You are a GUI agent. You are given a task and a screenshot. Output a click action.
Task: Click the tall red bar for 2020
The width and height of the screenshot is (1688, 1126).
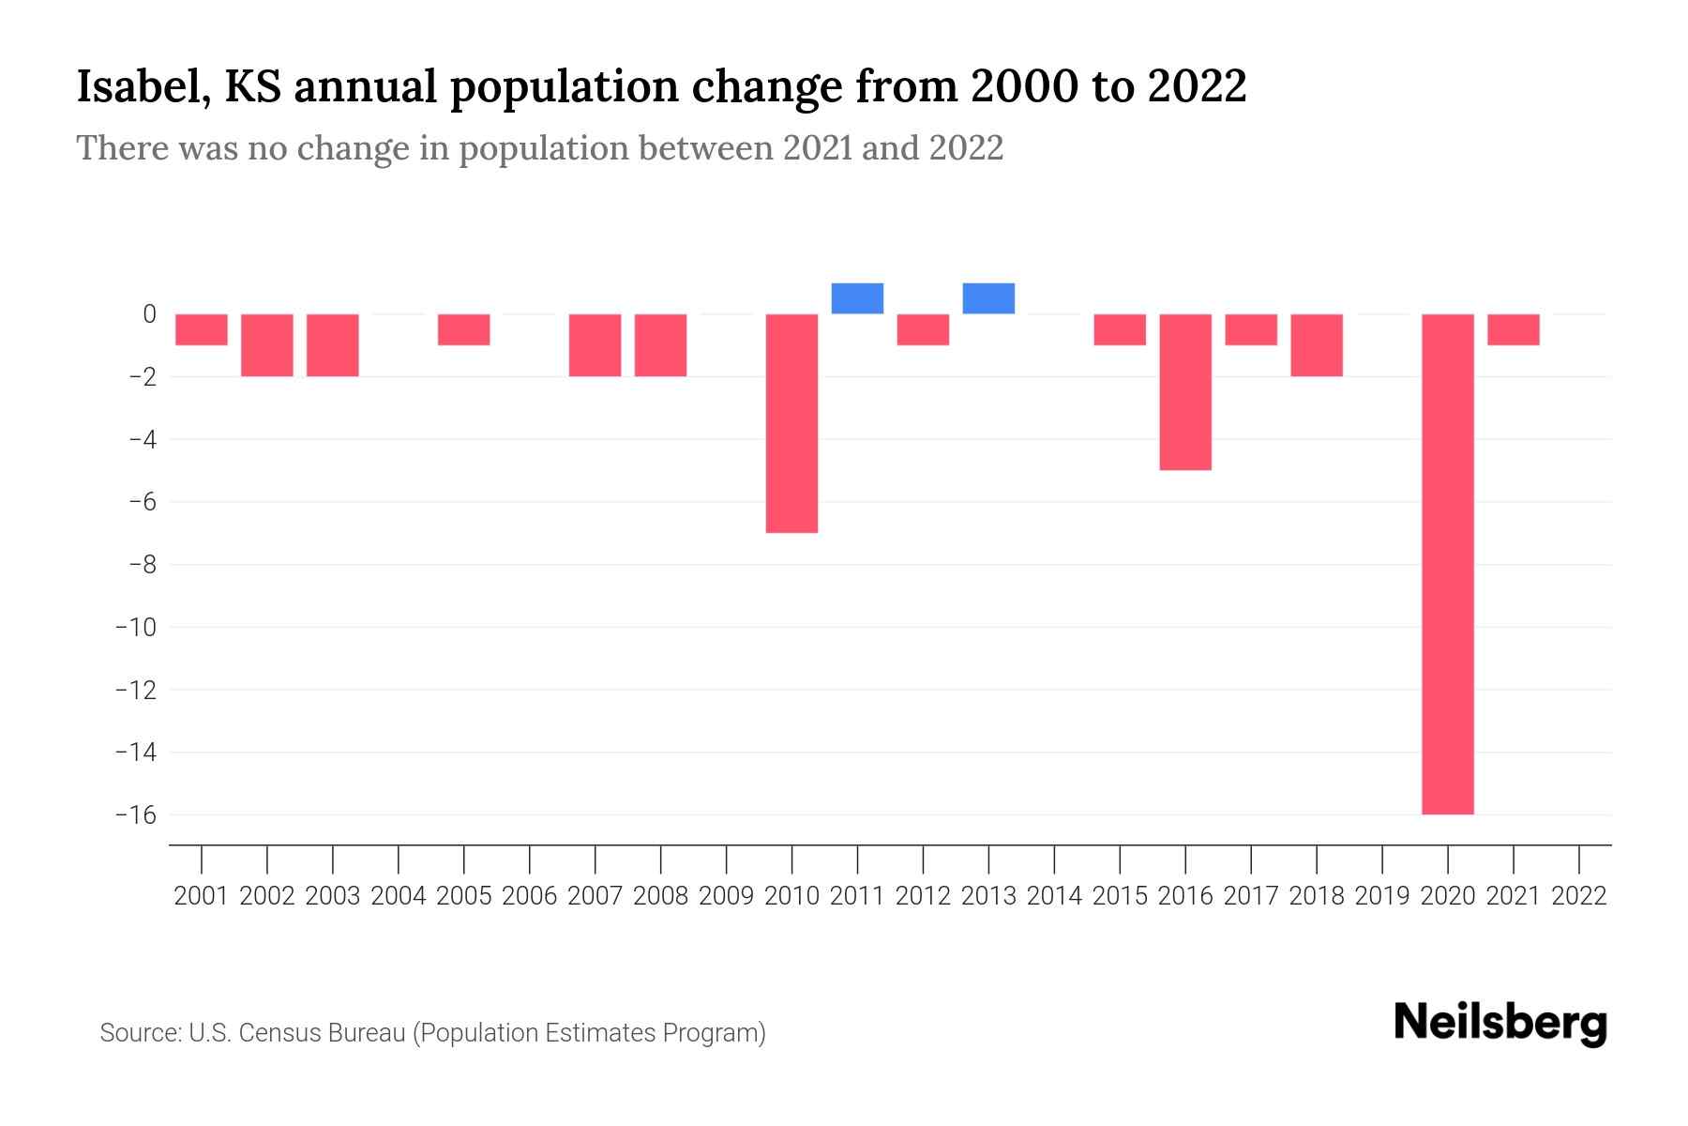coord(1447,563)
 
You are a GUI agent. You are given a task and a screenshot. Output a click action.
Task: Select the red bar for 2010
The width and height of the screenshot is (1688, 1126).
coord(791,423)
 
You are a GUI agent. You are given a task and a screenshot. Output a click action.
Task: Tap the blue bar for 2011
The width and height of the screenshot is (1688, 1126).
coord(857,298)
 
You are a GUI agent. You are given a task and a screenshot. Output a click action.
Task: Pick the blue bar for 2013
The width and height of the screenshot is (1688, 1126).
coord(988,298)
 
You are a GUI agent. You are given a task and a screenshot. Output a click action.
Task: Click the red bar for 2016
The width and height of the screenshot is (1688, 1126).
coord(1185,391)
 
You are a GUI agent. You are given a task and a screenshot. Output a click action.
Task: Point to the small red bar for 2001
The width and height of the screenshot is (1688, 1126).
coord(202,329)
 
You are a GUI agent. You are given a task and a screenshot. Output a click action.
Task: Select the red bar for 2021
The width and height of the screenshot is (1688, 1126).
coord(1513,329)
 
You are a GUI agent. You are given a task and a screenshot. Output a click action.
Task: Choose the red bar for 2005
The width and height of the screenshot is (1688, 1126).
coord(464,329)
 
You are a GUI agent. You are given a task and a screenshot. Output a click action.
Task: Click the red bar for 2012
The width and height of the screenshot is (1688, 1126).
coord(923,329)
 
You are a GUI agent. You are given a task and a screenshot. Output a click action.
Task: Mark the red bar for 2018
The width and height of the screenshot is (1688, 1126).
coord(1317,345)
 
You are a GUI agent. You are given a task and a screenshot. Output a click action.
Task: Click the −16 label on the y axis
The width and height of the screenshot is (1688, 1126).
coord(135,814)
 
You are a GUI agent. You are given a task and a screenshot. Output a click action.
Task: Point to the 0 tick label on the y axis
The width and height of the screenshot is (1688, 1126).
coord(149,314)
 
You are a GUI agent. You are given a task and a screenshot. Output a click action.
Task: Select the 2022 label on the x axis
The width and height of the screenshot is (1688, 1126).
coord(1579,896)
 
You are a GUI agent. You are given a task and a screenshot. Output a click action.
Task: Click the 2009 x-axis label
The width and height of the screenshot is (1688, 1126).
coord(727,896)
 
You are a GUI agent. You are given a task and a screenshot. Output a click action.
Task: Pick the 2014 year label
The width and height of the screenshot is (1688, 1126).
coord(1054,896)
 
